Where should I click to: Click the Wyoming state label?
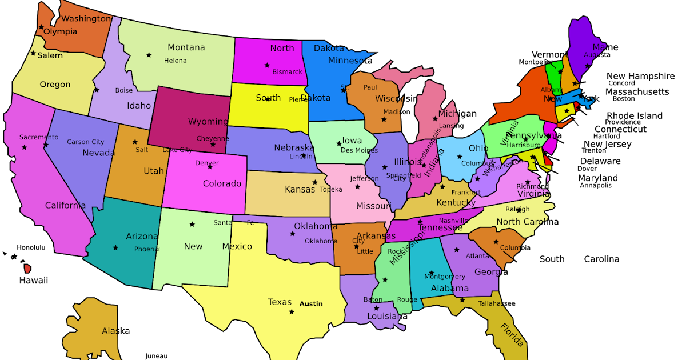coord(208,122)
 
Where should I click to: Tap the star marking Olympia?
coord(41,27)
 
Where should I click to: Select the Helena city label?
coord(175,61)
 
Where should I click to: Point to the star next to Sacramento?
coord(25,147)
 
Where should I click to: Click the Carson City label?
coord(86,142)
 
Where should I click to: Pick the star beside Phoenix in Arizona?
coord(115,247)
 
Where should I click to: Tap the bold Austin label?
coord(311,304)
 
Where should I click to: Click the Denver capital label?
coord(206,163)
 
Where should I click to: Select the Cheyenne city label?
coord(213,138)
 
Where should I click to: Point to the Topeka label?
coord(331,189)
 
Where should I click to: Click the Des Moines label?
coord(359,150)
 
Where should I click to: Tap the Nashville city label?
coord(454,221)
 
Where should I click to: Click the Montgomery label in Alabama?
coord(445,277)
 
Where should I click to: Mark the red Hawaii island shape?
coord(27,268)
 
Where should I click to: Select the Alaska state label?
coord(115,331)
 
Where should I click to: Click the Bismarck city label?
coord(287,72)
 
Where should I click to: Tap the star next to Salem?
coord(33,55)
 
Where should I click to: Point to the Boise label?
coord(124,90)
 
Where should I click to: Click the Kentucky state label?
coord(456,203)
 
